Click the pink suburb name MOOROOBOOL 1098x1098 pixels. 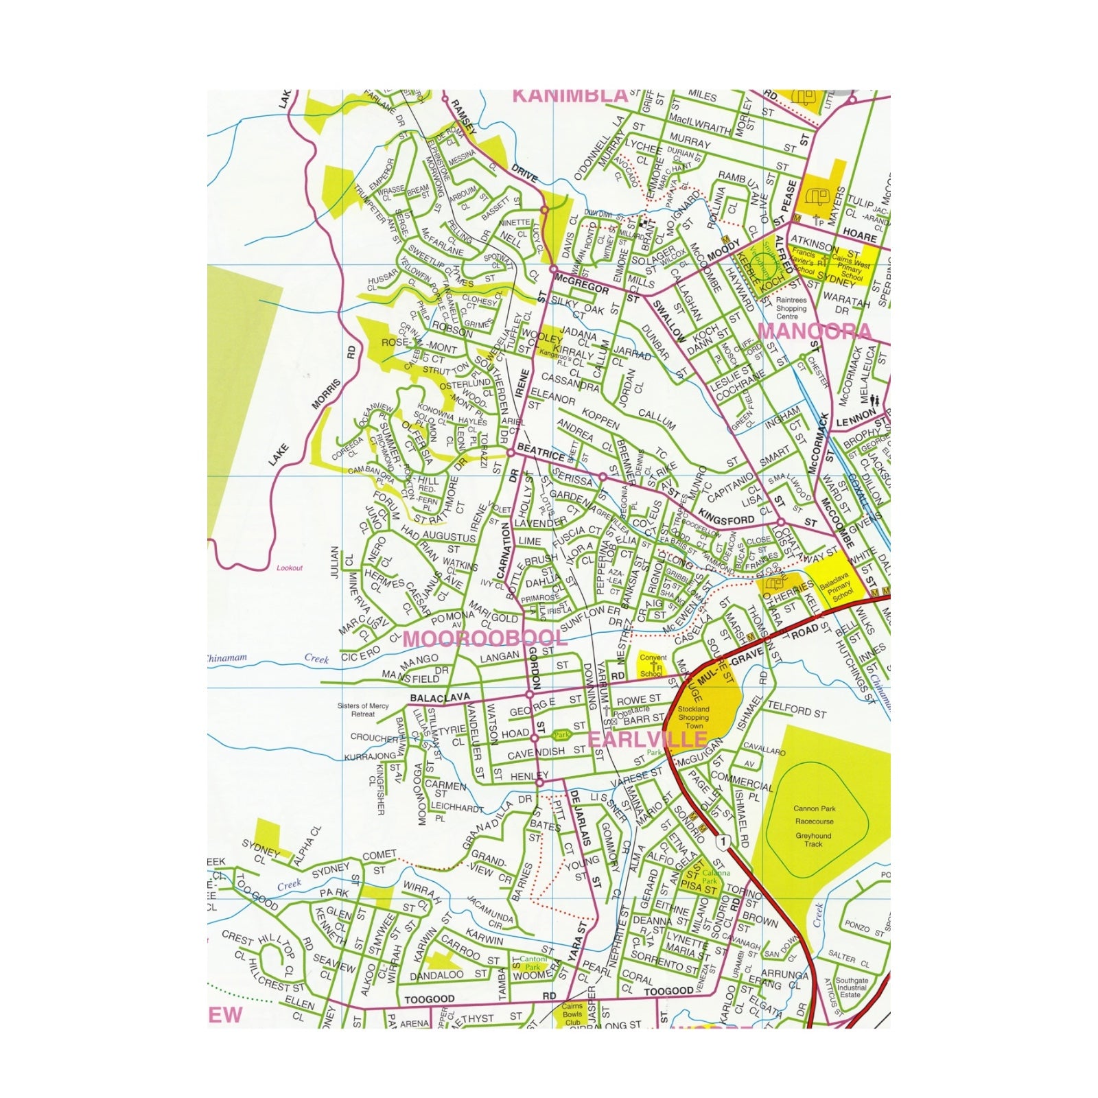coord(484,638)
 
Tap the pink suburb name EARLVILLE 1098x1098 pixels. coord(647,739)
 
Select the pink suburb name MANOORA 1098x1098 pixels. coord(815,331)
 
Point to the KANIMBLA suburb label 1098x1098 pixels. coord(571,95)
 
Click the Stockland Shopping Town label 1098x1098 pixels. coord(693,718)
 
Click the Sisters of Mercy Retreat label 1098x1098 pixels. coord(363,710)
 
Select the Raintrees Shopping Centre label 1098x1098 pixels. coord(791,308)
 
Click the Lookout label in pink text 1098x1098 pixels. coord(289,568)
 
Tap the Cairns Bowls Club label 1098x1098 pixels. coord(572,1014)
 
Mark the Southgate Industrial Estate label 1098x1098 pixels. coord(852,989)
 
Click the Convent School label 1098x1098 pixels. coord(653,666)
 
